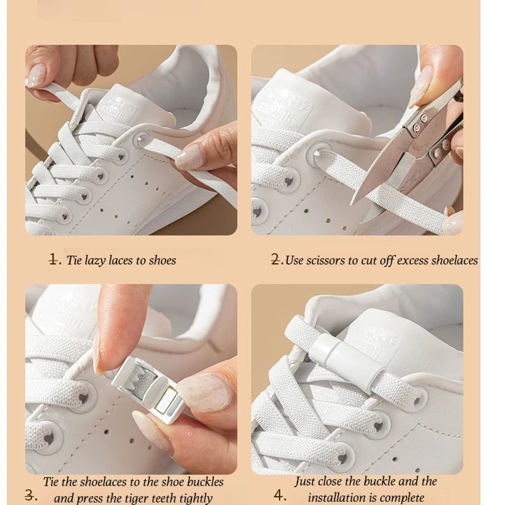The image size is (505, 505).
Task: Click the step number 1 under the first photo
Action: tap(55, 259)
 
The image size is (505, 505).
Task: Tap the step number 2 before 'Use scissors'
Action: tap(276, 259)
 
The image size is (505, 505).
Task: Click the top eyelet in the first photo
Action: tap(141, 140)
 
